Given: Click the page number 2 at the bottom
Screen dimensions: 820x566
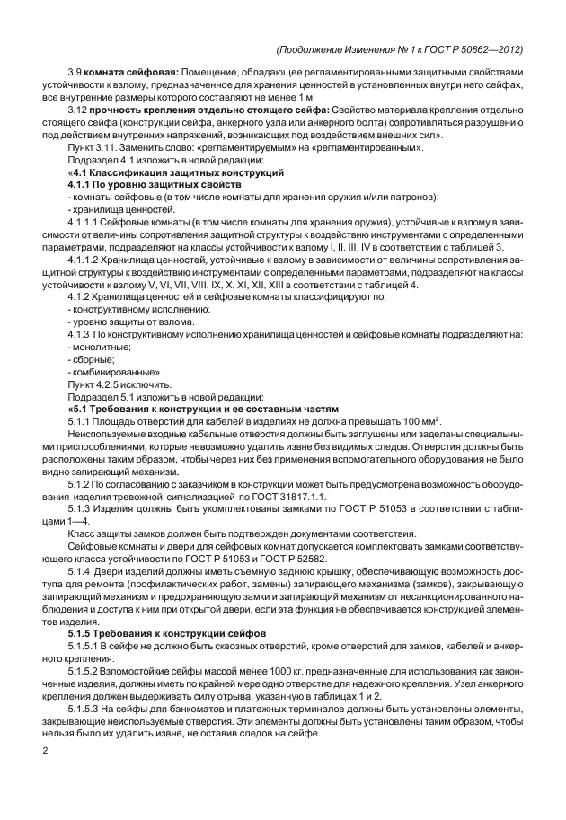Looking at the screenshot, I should point(45,748).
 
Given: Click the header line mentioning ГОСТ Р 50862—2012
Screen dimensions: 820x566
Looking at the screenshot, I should point(401,48).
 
